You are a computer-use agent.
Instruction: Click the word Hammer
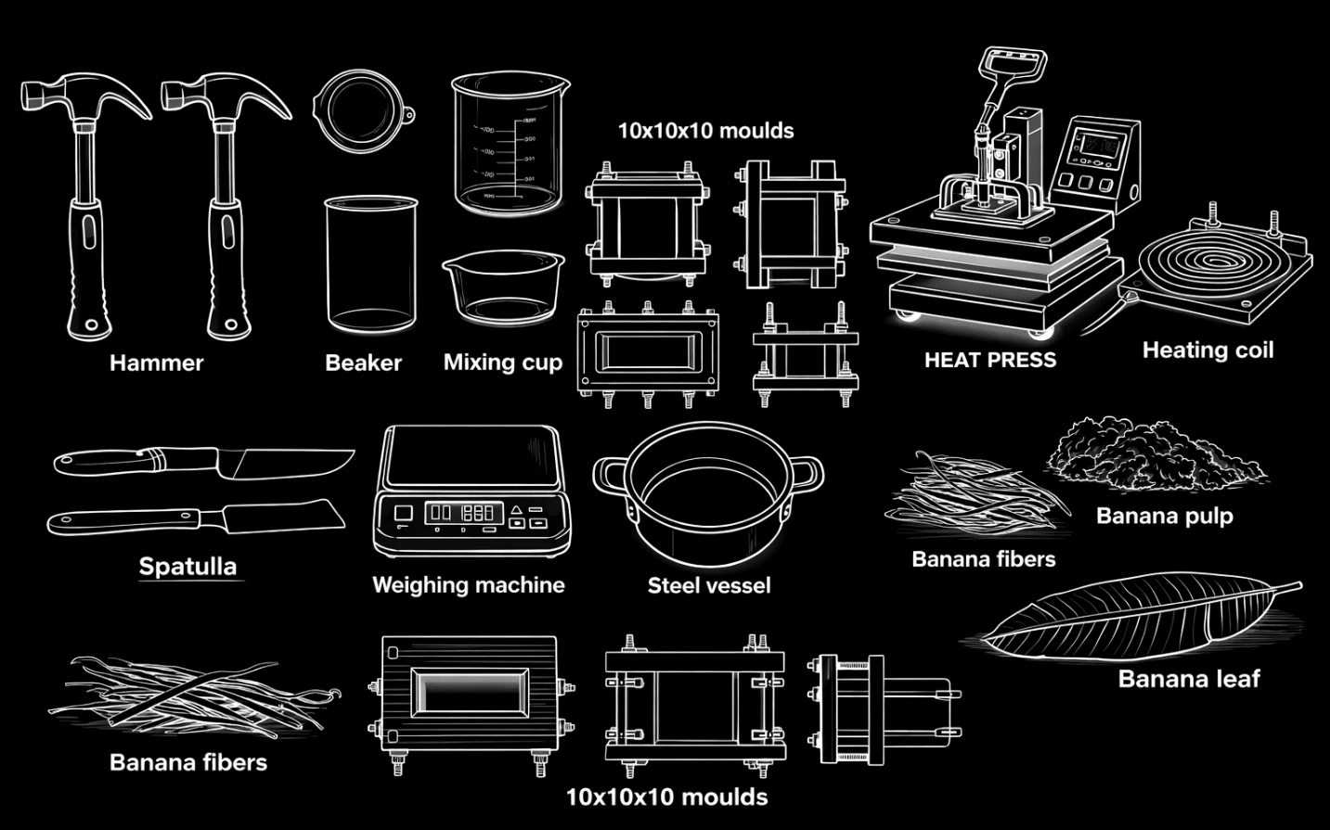point(156,363)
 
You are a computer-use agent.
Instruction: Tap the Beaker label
point(364,363)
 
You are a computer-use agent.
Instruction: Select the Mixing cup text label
point(503,363)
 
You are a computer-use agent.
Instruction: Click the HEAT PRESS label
point(990,360)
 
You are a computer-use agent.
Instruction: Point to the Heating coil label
point(1207,350)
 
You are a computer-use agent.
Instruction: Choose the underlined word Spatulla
point(187,566)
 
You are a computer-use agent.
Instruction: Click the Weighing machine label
point(469,585)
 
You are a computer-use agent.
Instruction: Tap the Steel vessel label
point(709,585)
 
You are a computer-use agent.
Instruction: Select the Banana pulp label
point(1165,517)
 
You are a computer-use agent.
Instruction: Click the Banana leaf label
point(1189,679)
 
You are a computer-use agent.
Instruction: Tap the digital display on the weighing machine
point(464,513)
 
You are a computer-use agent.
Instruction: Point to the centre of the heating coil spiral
point(1209,260)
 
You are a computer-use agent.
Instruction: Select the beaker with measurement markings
point(509,143)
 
